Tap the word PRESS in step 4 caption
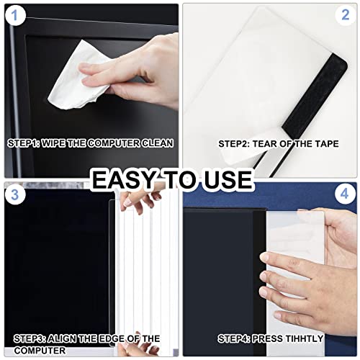264,338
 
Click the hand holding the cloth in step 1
137,72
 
